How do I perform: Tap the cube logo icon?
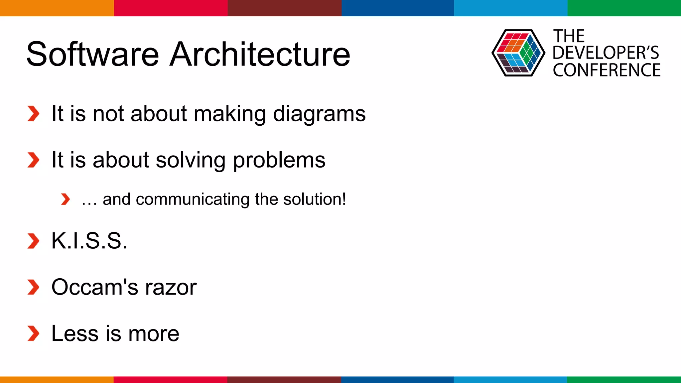pos(518,53)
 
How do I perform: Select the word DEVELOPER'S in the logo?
pos(606,53)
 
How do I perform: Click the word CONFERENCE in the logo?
pos(607,70)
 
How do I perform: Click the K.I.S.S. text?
pos(89,241)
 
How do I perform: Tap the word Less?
pos(74,333)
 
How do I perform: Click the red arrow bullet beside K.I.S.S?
pos(33,241)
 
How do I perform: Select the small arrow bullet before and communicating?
pos(66,199)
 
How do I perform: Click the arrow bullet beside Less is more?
pos(33,333)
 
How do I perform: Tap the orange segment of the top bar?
pos(57,8)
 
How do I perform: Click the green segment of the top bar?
pos(624,8)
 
